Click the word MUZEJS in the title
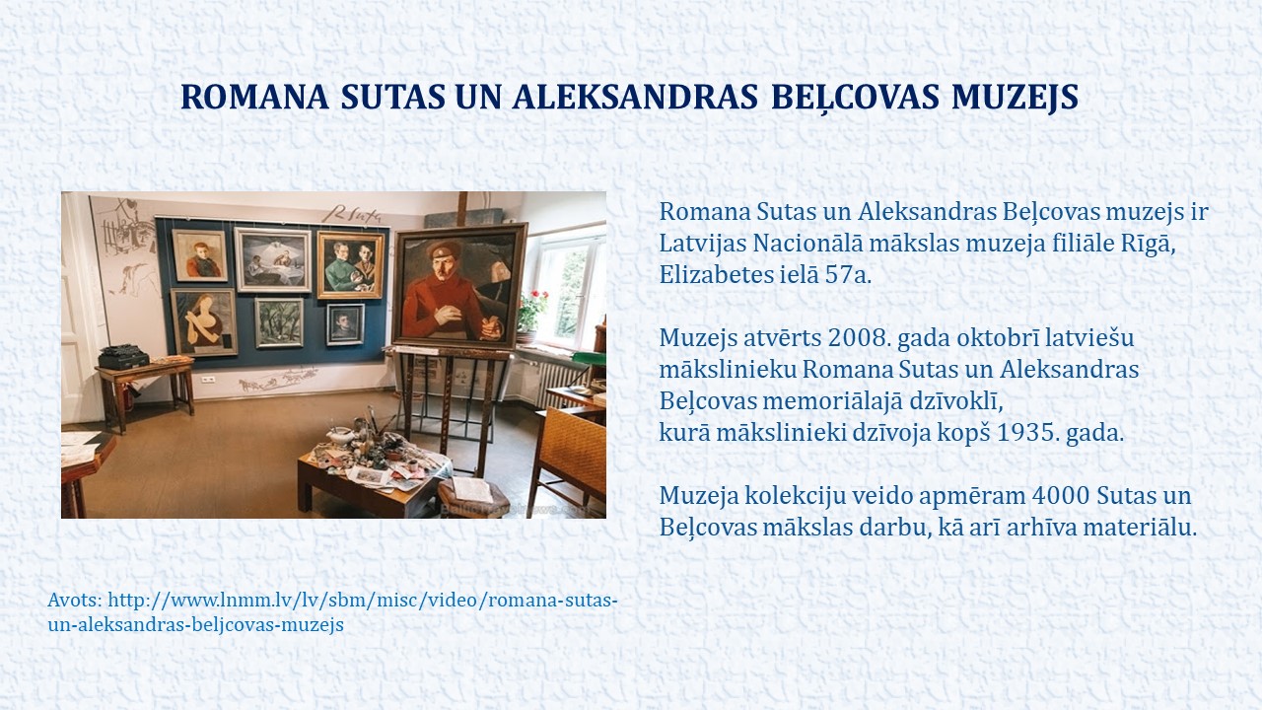coord(1016,97)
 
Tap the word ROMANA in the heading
coord(254,97)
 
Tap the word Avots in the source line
coord(75,600)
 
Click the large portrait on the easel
coord(459,285)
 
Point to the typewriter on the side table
coord(123,357)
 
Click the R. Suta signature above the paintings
coord(354,214)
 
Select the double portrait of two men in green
coord(350,265)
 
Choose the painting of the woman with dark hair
coord(204,322)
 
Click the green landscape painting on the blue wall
coord(279,322)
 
